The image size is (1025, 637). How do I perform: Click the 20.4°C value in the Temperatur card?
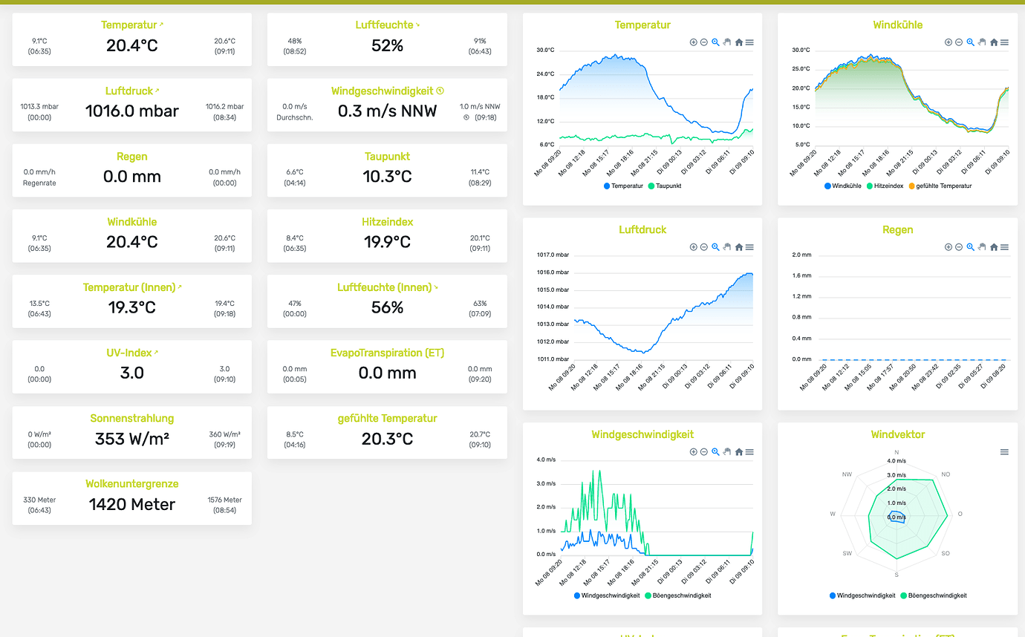[132, 46]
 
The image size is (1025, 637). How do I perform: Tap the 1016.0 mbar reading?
[132, 111]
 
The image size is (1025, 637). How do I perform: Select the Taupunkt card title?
[387, 157]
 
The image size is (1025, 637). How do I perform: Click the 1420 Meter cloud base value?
[132, 505]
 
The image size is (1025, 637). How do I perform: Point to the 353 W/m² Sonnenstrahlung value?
[132, 439]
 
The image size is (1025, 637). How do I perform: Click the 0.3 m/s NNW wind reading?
[387, 111]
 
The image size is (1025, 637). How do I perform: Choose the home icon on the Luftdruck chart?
[739, 247]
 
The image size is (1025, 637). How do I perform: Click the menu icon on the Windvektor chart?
[1004, 452]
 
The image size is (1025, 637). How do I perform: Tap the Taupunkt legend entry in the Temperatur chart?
[664, 186]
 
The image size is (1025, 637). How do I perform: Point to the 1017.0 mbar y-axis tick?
[553, 255]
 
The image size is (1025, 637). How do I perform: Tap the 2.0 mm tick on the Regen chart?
[801, 255]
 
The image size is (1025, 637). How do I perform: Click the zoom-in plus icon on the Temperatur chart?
[694, 42]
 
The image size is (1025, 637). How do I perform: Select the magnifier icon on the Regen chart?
[970, 247]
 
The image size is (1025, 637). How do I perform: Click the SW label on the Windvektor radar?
[847, 554]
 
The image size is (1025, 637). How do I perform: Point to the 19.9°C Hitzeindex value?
[387, 242]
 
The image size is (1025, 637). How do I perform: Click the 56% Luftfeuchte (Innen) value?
[387, 307]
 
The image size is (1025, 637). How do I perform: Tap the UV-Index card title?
[129, 353]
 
